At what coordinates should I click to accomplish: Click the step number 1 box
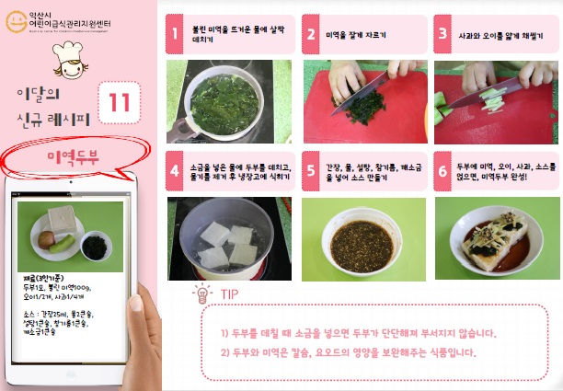pyautogui.click(x=173, y=35)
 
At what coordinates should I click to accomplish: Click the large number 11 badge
pyautogui.click(x=119, y=103)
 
